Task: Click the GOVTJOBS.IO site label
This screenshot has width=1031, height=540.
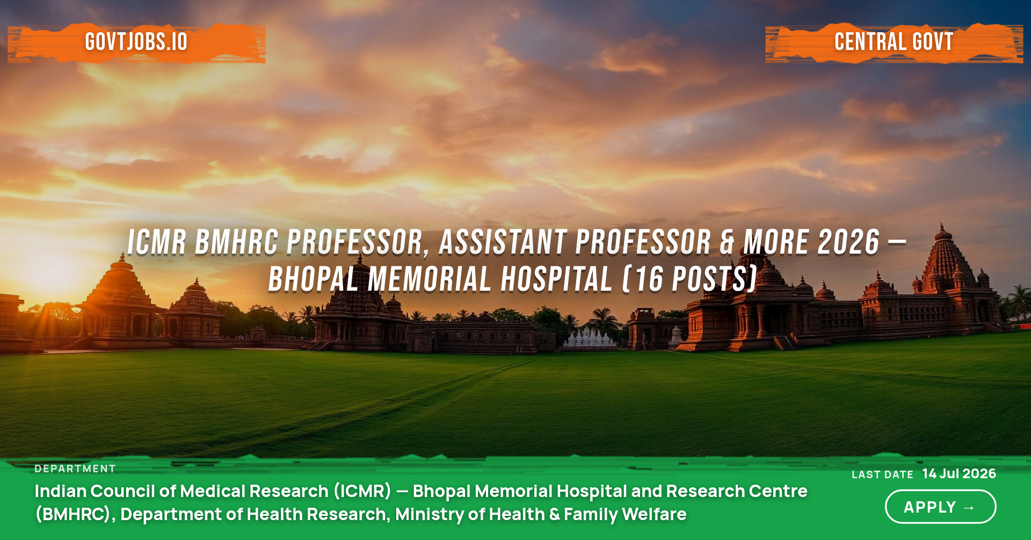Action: point(136,42)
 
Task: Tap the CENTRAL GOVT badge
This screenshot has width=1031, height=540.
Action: point(894,42)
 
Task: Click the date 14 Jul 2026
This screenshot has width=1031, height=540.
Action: point(959,473)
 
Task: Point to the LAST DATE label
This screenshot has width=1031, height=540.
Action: point(882,474)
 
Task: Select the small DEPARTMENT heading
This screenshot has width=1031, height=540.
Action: point(75,469)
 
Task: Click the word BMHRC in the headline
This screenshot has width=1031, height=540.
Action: point(237,242)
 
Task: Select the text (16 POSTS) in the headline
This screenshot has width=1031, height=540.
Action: point(690,279)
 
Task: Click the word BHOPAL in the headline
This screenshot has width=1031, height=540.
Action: point(313,279)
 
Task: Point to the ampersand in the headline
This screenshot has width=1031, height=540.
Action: point(727,242)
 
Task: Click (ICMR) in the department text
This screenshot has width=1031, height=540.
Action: point(362,491)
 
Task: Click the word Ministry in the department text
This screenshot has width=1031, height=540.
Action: point(430,515)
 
